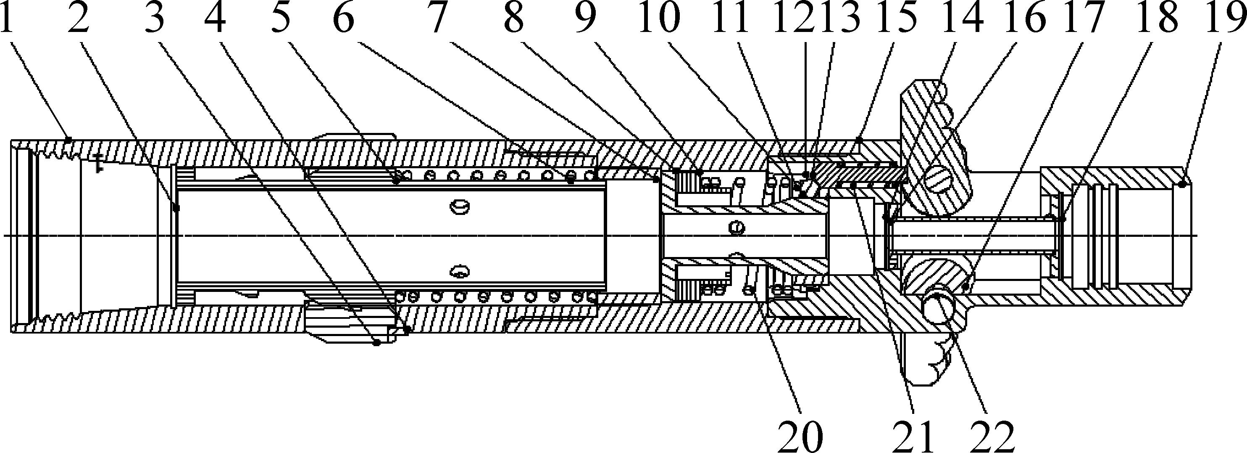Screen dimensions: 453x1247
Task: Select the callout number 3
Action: [154, 18]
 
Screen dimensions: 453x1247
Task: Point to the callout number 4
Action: [216, 18]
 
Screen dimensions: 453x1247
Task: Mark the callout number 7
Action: [437, 18]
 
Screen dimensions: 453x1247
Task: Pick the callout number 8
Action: [514, 18]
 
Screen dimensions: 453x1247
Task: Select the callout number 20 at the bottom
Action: [801, 435]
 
